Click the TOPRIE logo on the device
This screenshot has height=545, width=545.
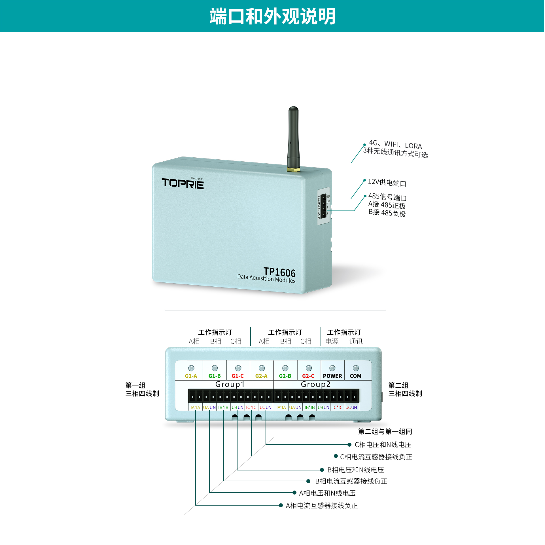tap(183, 183)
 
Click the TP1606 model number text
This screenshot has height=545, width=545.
tap(279, 272)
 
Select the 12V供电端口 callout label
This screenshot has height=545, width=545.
tap(387, 183)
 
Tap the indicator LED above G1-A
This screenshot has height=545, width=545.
tap(191, 368)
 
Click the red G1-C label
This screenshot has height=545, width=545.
tap(237, 376)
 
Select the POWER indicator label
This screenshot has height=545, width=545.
tap(332, 376)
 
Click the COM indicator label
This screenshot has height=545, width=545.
tap(355, 376)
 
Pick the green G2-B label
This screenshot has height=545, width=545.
tap(285, 376)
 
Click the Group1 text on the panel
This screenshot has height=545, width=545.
tap(230, 385)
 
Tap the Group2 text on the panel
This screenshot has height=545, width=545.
tap(316, 385)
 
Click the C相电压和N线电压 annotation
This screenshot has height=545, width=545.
tap(383, 445)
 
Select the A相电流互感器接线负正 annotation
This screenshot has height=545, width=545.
tap(322, 506)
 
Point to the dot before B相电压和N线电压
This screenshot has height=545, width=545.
tap(322, 470)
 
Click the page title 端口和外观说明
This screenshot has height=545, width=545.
tap(272, 16)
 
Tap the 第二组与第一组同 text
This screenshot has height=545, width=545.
tap(385, 432)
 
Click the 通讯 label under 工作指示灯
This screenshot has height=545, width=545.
tap(356, 341)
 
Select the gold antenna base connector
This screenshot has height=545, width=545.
tap(294, 170)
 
